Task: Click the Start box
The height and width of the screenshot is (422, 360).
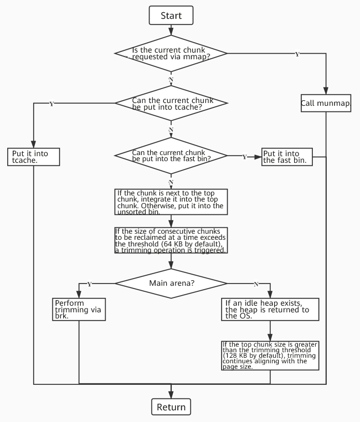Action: [x=171, y=16]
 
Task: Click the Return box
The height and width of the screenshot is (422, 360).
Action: [x=171, y=407]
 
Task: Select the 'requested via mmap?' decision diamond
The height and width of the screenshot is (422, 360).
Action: [x=171, y=54]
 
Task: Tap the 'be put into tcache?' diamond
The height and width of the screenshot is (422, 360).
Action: [x=171, y=103]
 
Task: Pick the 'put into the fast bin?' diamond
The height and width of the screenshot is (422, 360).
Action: [x=171, y=156]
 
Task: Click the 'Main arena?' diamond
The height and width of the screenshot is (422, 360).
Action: [x=171, y=284]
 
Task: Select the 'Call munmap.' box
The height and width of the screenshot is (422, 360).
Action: [x=327, y=103]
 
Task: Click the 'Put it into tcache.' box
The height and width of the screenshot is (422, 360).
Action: [x=33, y=156]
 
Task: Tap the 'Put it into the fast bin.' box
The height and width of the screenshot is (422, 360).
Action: [x=287, y=157]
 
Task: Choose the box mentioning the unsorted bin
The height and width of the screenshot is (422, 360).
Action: [x=171, y=202]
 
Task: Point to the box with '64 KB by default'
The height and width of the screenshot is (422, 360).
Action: [x=171, y=240]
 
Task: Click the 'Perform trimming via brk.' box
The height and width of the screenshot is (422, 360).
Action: [x=79, y=309]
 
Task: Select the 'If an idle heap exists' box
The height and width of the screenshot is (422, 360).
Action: [x=270, y=309]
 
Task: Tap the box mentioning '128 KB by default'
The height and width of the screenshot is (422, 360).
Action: [x=270, y=355]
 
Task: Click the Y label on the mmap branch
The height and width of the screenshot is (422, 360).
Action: [x=297, y=54]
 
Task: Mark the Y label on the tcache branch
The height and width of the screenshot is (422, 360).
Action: [x=52, y=104]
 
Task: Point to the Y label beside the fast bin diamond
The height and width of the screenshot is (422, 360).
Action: [x=244, y=157]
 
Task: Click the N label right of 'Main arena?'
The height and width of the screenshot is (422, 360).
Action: [x=256, y=284]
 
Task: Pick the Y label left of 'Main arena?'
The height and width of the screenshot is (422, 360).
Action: [x=89, y=284]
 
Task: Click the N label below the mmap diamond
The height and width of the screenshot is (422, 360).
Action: [x=171, y=80]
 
